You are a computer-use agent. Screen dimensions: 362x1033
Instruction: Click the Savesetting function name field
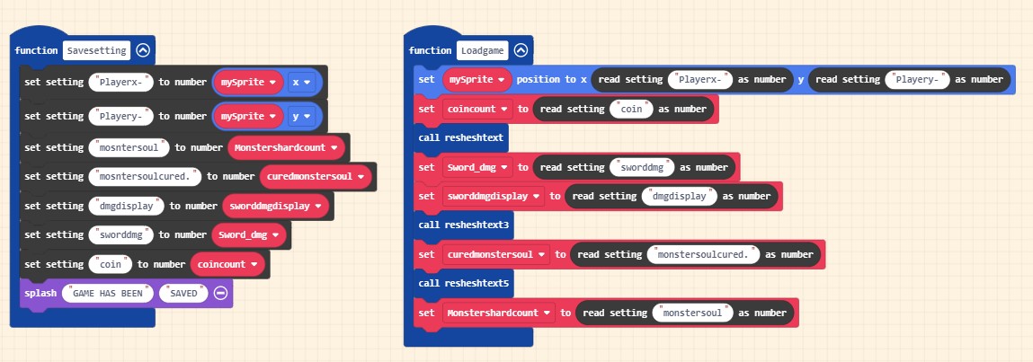tap(97, 50)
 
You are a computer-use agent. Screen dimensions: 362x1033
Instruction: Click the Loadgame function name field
tap(482, 50)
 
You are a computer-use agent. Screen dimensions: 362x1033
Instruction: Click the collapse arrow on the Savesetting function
tap(143, 50)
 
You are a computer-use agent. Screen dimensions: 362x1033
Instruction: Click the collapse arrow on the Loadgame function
tap(521, 50)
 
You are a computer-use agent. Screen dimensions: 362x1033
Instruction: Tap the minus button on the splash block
tap(220, 293)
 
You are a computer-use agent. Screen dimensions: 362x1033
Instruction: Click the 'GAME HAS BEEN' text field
tap(108, 293)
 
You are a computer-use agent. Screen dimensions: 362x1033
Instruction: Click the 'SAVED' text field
tap(184, 293)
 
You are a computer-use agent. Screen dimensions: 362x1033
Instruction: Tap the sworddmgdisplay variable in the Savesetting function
tap(274, 206)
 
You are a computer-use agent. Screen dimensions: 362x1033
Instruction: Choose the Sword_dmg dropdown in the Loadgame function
tap(477, 167)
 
